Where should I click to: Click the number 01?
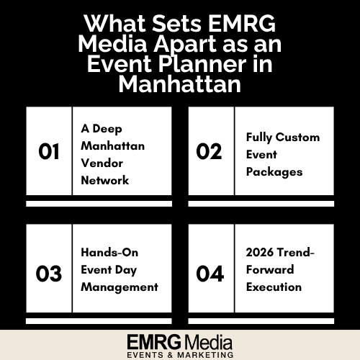click(49, 152)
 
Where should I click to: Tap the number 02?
click(210, 152)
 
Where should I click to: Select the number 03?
click(49, 274)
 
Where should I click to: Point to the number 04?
click(210, 274)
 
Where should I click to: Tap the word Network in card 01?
click(105, 181)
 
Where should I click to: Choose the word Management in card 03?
click(119, 287)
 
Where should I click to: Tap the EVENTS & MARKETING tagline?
click(180, 354)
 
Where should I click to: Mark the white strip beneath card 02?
click(261, 204)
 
